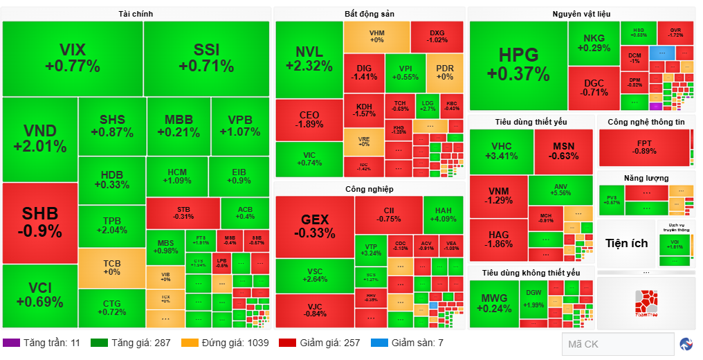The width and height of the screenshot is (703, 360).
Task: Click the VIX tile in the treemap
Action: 73,58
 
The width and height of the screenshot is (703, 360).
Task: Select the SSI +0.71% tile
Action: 206,58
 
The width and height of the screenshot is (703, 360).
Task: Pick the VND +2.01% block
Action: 39,138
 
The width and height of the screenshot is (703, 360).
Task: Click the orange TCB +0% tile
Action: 111,267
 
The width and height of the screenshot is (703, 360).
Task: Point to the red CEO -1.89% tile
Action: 309,119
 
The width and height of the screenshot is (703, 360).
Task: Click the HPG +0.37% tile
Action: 518,65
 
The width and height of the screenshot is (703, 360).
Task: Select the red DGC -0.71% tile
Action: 593,87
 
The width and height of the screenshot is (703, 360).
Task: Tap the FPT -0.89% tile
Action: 645,147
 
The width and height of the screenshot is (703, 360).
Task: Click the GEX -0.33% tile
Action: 314,226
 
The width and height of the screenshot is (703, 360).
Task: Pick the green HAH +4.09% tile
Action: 444,215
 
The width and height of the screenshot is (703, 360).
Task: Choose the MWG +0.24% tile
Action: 493,303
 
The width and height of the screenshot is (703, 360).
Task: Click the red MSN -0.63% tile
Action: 565,151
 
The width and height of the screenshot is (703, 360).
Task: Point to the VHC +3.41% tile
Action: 501,151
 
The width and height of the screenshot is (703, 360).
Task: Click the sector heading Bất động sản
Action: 369,14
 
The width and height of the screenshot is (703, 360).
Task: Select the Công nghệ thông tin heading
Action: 646,122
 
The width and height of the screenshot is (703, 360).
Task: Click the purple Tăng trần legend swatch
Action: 11,343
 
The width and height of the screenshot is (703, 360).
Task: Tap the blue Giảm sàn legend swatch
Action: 379,343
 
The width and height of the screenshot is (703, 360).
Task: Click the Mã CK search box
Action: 617,344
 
